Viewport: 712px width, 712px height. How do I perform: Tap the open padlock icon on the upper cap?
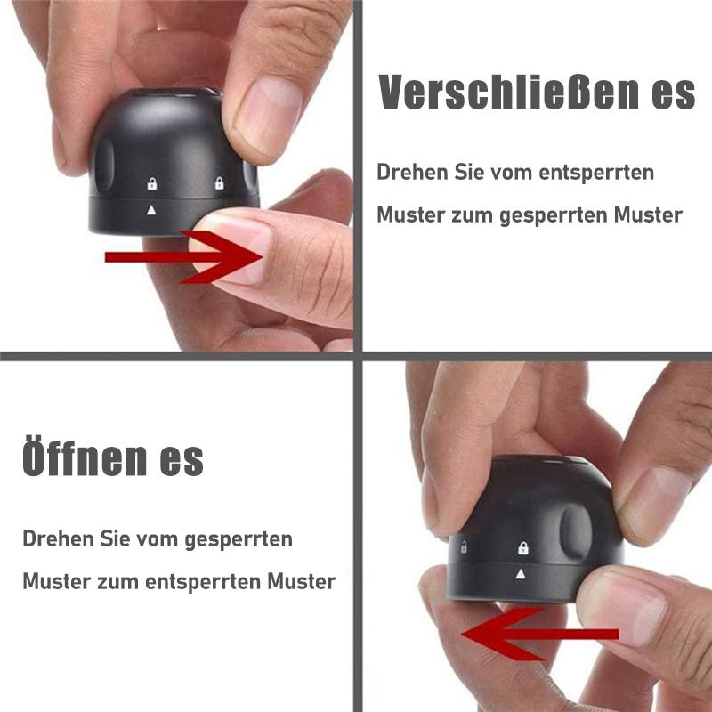click(152, 186)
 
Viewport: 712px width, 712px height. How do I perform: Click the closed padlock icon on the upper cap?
click(218, 184)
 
